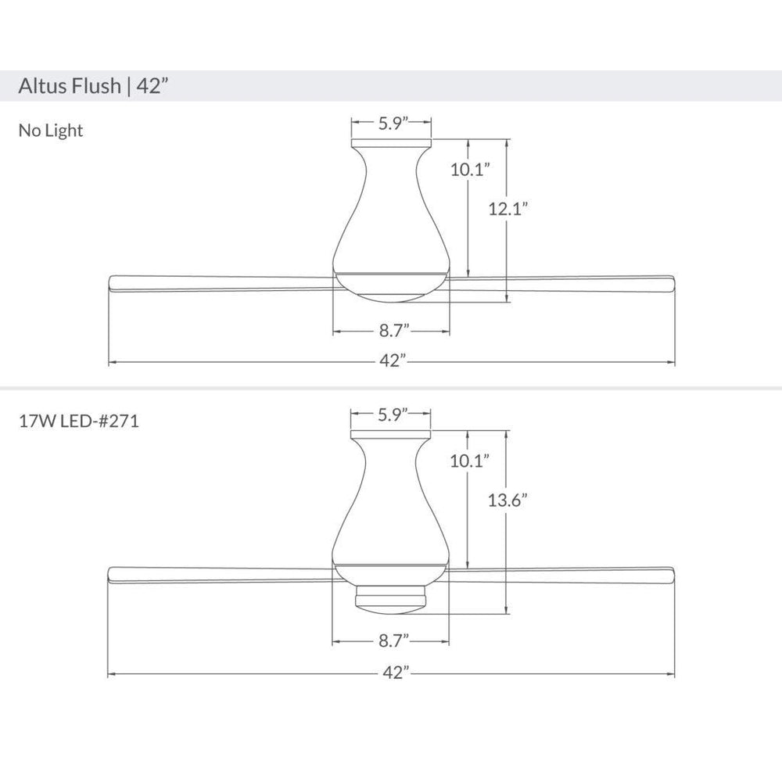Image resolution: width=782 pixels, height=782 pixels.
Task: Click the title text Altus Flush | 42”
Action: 93,86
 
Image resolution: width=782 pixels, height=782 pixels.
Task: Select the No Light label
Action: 51,131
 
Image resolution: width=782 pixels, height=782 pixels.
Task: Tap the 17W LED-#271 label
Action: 79,421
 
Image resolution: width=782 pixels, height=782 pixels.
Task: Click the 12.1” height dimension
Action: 508,209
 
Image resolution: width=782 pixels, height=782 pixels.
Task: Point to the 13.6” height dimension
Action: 508,500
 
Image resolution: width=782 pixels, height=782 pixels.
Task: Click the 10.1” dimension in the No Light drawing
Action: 470,170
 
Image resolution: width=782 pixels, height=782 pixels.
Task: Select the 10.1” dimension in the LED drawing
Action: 470,461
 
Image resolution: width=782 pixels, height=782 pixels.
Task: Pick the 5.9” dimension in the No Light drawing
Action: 393,123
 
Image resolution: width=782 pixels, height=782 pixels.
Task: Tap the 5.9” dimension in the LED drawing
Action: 393,414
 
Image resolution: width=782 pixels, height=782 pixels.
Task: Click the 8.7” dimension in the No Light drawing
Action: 394,330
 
